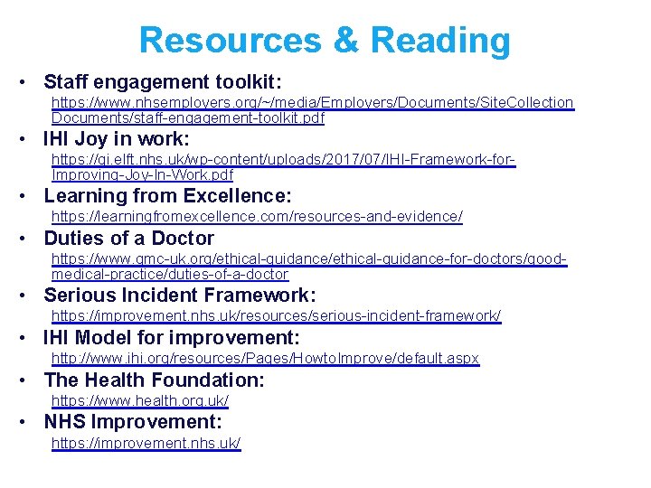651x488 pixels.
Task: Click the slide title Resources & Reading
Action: pyautogui.click(x=325, y=41)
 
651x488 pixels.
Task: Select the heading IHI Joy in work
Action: pyautogui.click(x=117, y=139)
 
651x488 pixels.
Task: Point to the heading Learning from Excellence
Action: pyautogui.click(x=167, y=195)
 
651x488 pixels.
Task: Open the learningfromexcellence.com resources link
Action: pyautogui.click(x=257, y=217)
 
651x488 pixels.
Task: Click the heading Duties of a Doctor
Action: pyautogui.click(x=128, y=239)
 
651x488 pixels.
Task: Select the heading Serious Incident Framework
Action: pyautogui.click(x=179, y=295)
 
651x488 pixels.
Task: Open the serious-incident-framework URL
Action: pyautogui.click(x=276, y=316)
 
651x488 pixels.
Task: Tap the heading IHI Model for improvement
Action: pyautogui.click(x=171, y=338)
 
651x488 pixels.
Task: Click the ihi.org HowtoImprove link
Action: pyautogui.click(x=265, y=359)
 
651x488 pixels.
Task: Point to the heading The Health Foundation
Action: pyautogui.click(x=154, y=380)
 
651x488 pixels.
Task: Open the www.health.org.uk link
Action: pyautogui.click(x=140, y=400)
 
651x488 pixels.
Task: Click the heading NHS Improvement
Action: pyautogui.click(x=132, y=422)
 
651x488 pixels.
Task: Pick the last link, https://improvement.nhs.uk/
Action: pyautogui.click(x=146, y=443)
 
